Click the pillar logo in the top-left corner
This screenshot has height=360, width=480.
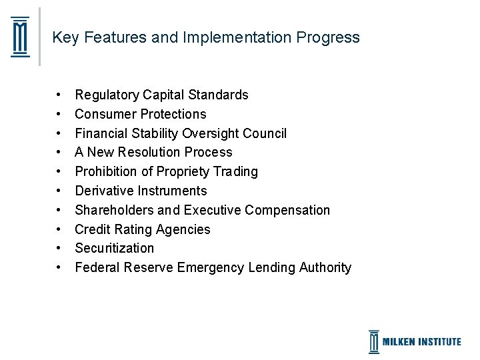(x=21, y=37)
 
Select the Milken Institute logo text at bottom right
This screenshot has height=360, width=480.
(x=421, y=342)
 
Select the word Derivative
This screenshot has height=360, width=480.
(x=103, y=191)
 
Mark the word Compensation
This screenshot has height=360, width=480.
(x=287, y=211)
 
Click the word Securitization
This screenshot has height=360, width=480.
(x=114, y=249)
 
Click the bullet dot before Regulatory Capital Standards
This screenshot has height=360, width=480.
(x=60, y=95)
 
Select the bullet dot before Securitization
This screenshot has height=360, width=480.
(x=60, y=249)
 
